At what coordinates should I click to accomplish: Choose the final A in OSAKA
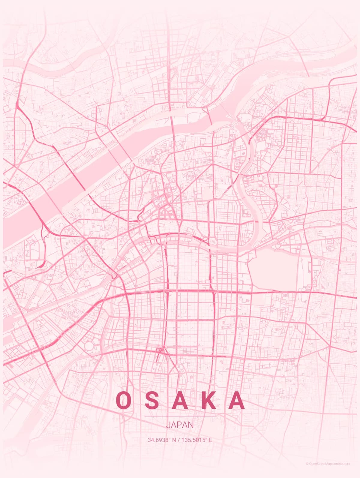(x=237, y=400)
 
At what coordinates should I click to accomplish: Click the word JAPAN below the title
(x=180, y=425)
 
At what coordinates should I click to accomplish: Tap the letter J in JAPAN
(x=168, y=425)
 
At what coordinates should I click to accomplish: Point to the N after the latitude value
(x=174, y=440)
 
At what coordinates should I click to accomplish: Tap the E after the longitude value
(x=211, y=440)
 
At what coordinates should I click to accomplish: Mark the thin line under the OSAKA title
(x=180, y=416)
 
